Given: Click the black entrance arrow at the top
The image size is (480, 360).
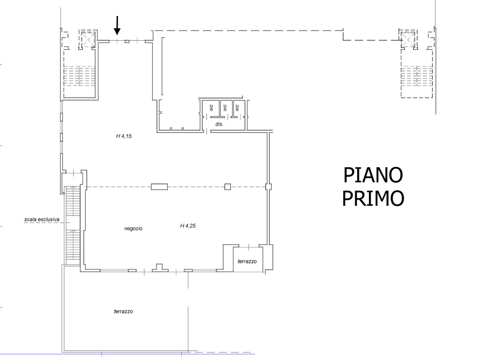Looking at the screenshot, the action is pyautogui.click(x=117, y=25).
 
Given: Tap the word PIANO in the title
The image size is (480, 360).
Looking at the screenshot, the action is pyautogui.click(x=373, y=175).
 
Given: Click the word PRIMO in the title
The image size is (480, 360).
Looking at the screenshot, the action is pyautogui.click(x=373, y=198).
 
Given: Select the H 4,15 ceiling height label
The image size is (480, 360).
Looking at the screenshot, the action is pyautogui.click(x=124, y=136).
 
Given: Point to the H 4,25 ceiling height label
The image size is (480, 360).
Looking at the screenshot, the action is pyautogui.click(x=187, y=226).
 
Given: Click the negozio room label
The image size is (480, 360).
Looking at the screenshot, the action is pyautogui.click(x=133, y=228).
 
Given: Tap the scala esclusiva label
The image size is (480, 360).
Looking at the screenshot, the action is pyautogui.click(x=42, y=219).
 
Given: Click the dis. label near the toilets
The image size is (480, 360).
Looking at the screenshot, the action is pyautogui.click(x=219, y=124).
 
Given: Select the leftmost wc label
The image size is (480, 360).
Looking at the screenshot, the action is pyautogui.click(x=211, y=108).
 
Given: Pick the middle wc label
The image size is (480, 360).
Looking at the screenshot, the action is pyautogui.click(x=225, y=108).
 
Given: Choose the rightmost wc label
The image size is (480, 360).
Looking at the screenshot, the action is pyautogui.click(x=237, y=108).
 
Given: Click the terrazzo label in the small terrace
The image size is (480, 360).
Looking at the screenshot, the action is pyautogui.click(x=247, y=262).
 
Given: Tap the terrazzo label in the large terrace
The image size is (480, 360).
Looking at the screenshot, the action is pyautogui.click(x=123, y=311).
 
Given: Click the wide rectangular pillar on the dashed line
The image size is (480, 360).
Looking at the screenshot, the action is pyautogui.click(x=159, y=187).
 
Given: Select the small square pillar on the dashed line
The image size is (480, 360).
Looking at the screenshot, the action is pyautogui.click(x=227, y=187).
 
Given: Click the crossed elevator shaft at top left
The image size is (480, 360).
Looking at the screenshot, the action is pyautogui.click(x=89, y=39).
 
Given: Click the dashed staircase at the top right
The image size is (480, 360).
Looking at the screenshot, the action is pyautogui.click(x=417, y=76).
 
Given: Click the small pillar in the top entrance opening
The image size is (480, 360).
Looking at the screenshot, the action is pyautogui.click(x=127, y=41).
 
